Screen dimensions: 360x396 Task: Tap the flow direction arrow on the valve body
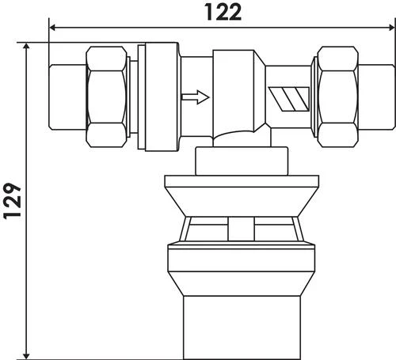[x=195, y=98]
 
